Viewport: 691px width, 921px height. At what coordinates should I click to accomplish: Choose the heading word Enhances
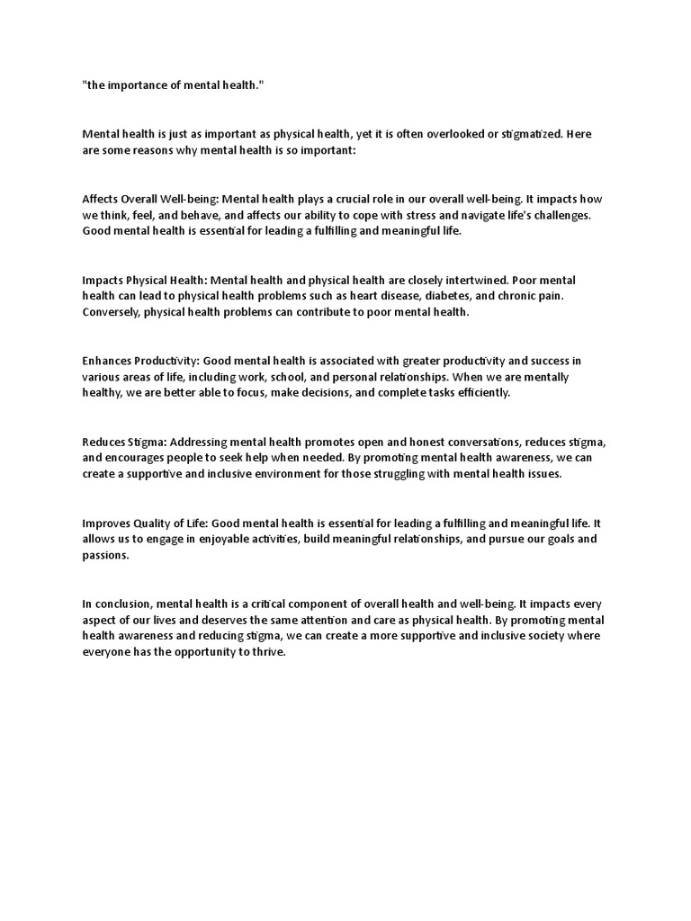click(x=107, y=361)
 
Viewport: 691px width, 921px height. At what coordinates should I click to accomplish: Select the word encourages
click(x=138, y=458)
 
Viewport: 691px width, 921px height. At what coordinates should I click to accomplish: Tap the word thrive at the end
click(x=267, y=652)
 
